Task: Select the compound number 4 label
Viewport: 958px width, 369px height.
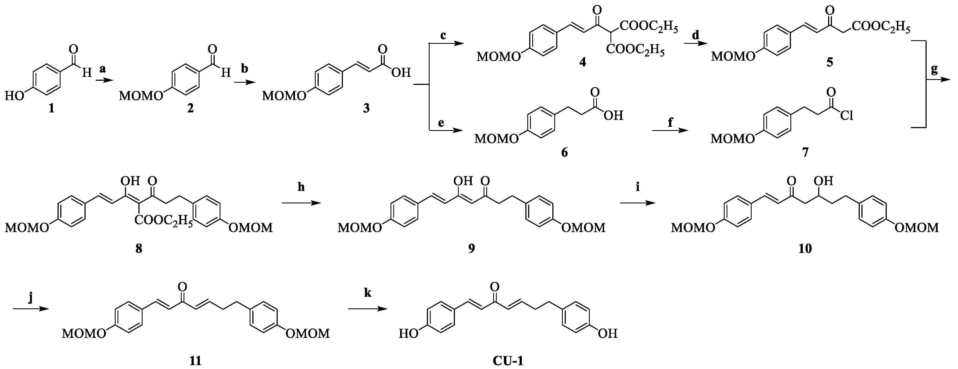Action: tap(582, 62)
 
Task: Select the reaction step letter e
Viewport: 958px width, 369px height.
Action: tap(441, 123)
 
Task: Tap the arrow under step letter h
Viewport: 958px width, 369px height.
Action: tap(301, 203)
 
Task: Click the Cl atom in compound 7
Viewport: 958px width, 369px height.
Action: tap(846, 116)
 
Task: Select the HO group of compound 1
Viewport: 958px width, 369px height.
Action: tap(14, 96)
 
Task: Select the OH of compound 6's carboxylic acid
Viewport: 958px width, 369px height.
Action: tap(613, 115)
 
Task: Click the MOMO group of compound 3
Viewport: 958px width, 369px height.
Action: tap(284, 96)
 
